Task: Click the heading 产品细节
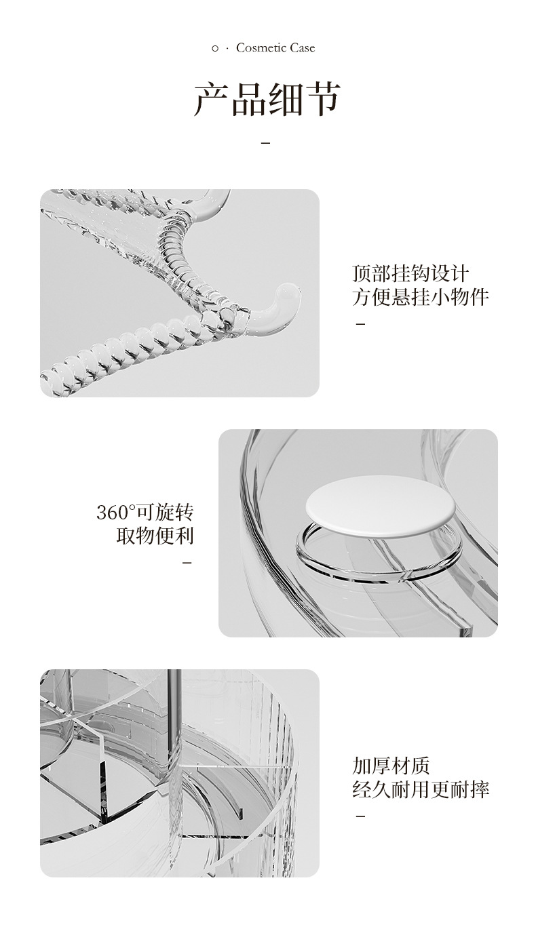(267, 100)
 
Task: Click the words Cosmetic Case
(275, 47)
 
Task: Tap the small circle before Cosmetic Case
(215, 48)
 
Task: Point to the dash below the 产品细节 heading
(265, 143)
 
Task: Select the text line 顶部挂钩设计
(410, 273)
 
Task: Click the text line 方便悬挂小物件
(421, 297)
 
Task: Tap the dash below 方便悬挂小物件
(361, 323)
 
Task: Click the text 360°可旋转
(145, 512)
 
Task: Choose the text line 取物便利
(155, 536)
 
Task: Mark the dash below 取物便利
(188, 562)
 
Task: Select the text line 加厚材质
(391, 766)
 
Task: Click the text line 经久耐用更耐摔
(421, 789)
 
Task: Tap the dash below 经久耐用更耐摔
(361, 816)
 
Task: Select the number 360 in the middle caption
(112, 513)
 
